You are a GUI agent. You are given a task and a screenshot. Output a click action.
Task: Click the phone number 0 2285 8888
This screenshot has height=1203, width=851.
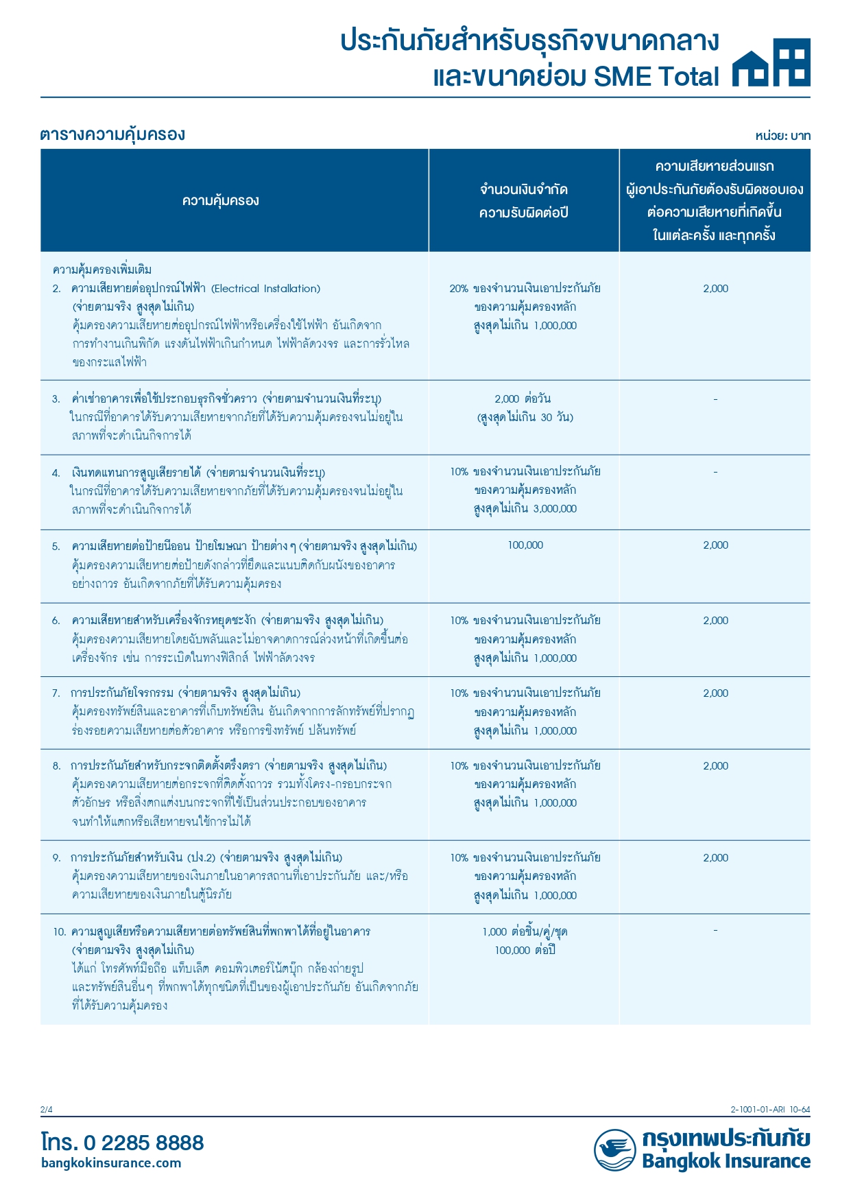143,1143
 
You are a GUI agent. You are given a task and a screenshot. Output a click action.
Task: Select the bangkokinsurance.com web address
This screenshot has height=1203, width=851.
111,1163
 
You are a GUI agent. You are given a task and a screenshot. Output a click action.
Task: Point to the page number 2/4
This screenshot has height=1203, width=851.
46,1110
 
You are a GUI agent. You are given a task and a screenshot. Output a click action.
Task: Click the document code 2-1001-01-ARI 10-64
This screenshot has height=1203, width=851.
770,1110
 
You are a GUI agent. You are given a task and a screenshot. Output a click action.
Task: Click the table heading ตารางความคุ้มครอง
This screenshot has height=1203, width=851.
112,134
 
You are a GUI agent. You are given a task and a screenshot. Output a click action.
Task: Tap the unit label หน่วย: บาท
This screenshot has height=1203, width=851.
782,136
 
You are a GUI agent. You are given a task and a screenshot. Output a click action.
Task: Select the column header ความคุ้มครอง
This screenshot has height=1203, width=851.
221,201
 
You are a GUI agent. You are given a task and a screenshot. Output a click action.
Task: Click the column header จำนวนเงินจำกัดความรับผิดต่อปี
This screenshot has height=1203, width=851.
524,201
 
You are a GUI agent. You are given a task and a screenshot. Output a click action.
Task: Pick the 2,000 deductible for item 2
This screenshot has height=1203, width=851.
715,289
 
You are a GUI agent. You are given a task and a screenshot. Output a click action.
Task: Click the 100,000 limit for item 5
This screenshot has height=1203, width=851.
525,545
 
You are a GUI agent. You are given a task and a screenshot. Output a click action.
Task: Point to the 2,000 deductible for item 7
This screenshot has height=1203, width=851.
715,693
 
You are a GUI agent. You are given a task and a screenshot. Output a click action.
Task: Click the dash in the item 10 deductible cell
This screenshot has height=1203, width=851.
715,931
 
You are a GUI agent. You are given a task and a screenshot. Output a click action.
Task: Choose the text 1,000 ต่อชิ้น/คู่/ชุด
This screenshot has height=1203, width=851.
525,932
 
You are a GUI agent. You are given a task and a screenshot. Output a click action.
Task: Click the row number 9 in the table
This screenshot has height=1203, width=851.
56,858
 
